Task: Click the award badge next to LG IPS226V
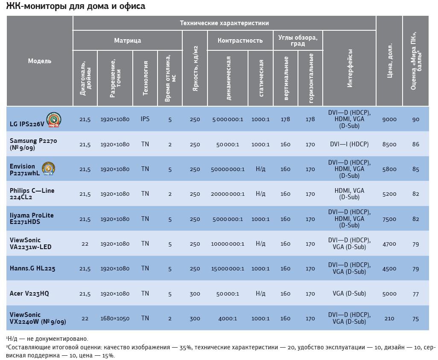(x=54, y=120)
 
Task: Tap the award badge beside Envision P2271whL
(x=48, y=169)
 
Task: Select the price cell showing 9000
(x=389, y=119)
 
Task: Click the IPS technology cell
(x=145, y=119)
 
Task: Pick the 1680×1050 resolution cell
(x=115, y=319)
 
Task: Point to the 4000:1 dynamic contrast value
(x=228, y=319)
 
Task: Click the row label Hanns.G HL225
(x=32, y=269)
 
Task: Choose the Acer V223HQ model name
(x=29, y=293)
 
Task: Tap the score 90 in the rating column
(x=416, y=119)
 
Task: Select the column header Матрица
(x=127, y=41)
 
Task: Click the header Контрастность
(x=240, y=41)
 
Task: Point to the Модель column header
(x=40, y=61)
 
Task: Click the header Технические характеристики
(x=224, y=23)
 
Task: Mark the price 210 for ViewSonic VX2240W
(x=389, y=319)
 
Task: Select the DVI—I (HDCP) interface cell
(x=349, y=144)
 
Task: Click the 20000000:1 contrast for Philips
(x=228, y=194)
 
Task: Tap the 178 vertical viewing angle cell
(x=286, y=119)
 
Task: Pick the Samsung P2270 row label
(x=33, y=144)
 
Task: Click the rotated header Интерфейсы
(x=350, y=68)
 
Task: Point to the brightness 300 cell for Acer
(x=195, y=293)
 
